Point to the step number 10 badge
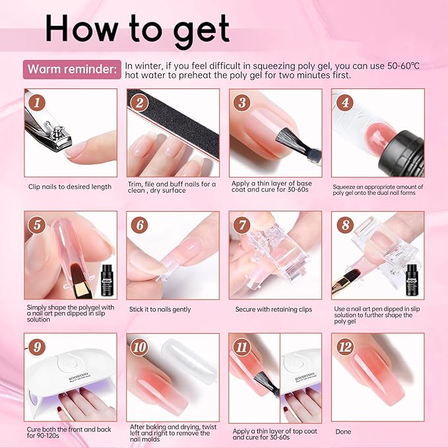tap(139, 347)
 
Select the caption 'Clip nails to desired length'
tap(70, 187)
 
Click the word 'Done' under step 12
tap(343, 432)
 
